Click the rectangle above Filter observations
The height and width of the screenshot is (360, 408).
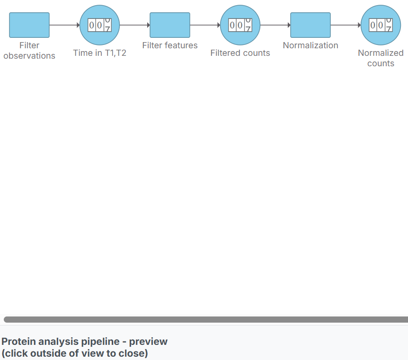click(x=29, y=25)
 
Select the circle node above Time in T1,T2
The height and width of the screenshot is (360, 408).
click(x=100, y=25)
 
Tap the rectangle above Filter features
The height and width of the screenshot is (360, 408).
click(x=170, y=25)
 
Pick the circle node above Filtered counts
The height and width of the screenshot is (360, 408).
click(x=240, y=25)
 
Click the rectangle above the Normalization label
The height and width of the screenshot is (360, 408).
click(x=310, y=25)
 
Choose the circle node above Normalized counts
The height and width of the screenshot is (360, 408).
click(x=381, y=25)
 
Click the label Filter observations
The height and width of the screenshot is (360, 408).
click(x=29, y=51)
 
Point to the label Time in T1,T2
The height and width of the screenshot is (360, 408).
click(x=100, y=53)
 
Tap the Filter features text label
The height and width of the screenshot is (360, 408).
click(x=170, y=45)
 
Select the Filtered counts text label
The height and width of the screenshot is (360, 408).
click(x=240, y=53)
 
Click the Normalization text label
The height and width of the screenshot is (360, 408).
click(x=310, y=45)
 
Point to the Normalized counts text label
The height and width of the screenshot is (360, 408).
click(x=381, y=58)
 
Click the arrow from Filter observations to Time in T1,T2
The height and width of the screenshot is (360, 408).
click(x=64, y=25)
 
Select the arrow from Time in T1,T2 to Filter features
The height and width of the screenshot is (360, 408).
click(x=135, y=25)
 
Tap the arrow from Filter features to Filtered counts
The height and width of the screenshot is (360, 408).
click(x=205, y=25)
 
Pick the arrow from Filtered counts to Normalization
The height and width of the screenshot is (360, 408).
click(x=275, y=25)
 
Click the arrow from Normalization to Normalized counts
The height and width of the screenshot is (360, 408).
click(x=346, y=25)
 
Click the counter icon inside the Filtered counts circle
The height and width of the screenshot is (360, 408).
click(x=240, y=25)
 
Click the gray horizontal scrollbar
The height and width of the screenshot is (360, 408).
click(x=206, y=319)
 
